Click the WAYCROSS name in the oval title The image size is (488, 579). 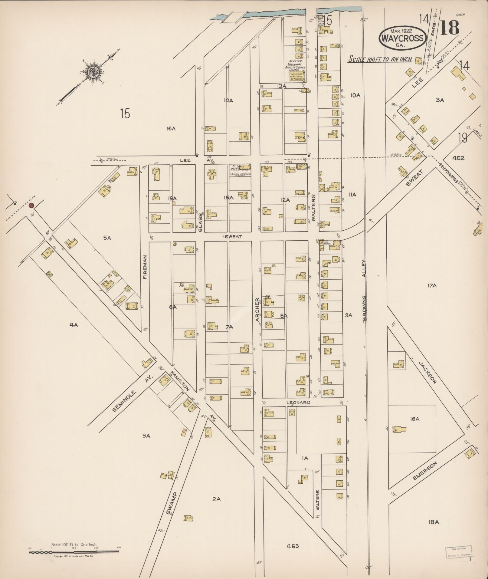coord(402,38)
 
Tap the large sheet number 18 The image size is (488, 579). coord(450,28)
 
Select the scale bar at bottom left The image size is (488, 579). coord(74,552)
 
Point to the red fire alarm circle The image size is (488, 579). coord(31,206)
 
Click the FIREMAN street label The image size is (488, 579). coord(145,267)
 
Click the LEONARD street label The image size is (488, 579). coord(298,403)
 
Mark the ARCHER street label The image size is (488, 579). coord(257,309)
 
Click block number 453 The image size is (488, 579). coord(293,546)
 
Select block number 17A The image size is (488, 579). coord(432,285)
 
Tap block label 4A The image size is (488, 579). coord(74,325)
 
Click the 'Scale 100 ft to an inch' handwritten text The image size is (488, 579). coord(380,59)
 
